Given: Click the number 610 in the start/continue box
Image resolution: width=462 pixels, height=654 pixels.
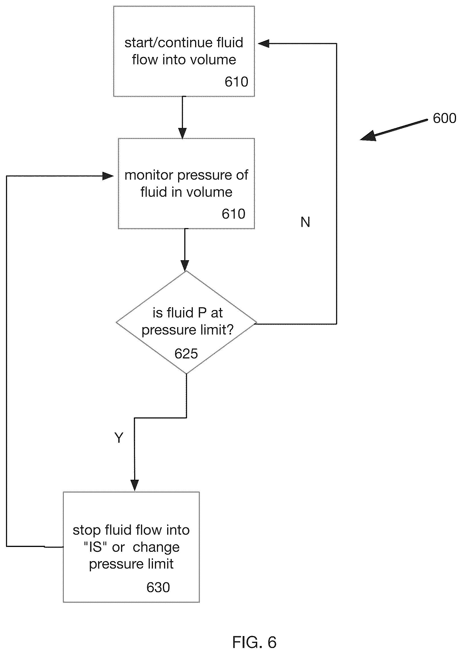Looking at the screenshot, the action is click(x=236, y=82).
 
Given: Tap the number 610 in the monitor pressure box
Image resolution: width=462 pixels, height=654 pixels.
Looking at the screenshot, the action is click(x=234, y=214).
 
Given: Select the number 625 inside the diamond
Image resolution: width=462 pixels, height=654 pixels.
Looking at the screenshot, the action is click(x=186, y=354).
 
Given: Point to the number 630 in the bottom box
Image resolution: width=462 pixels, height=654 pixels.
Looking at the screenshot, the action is click(x=158, y=587).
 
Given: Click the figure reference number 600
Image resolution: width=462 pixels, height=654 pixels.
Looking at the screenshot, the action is click(x=444, y=118).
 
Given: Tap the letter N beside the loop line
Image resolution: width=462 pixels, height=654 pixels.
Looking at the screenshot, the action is click(x=305, y=222).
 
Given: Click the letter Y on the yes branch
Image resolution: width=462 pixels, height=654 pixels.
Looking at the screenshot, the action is click(x=119, y=437).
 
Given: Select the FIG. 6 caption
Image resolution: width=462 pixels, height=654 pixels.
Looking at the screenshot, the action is click(x=254, y=642).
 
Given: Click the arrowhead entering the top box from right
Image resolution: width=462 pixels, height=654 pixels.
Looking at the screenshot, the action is click(x=263, y=44).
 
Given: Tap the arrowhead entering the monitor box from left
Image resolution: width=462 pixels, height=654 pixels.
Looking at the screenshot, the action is click(x=108, y=176).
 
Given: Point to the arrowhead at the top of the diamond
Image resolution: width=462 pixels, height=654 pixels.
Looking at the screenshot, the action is click(x=185, y=265).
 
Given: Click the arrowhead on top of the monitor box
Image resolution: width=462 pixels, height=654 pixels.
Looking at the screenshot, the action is click(x=182, y=133).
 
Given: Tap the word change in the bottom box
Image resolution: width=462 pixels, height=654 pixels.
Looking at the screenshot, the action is click(x=156, y=548).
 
